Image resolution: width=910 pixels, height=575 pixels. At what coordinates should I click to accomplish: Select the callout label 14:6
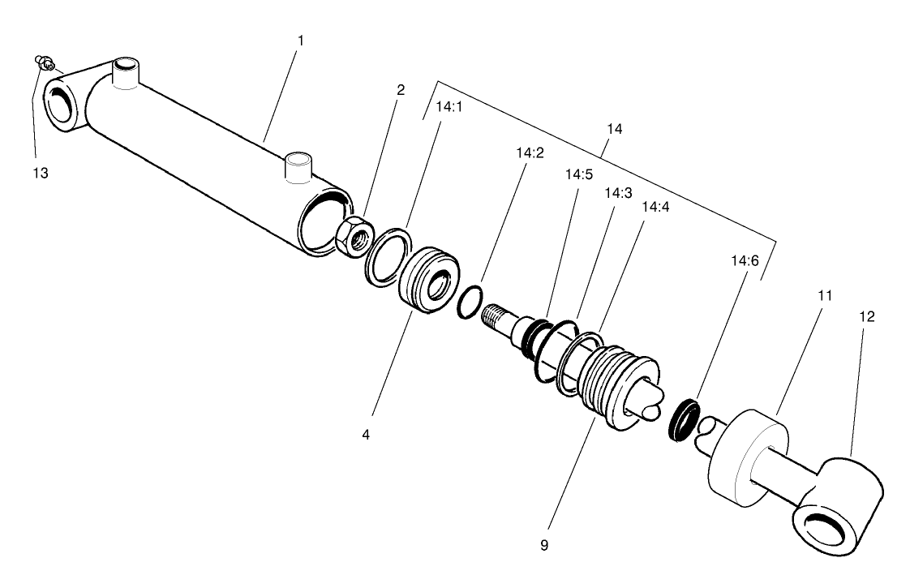tap(743, 260)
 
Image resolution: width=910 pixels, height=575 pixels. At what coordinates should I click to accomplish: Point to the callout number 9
tap(544, 545)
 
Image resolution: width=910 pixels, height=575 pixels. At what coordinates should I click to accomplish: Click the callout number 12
tap(866, 316)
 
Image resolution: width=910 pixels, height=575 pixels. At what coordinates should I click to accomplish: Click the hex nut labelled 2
tap(354, 236)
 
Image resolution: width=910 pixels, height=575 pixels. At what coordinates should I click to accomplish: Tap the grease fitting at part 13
tap(44, 60)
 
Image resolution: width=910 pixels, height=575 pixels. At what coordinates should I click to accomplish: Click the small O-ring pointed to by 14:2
tap(470, 303)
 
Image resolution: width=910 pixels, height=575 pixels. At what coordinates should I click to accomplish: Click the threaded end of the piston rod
tap(496, 316)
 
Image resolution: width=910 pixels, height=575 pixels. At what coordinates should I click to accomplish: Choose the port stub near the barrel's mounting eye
tap(125, 72)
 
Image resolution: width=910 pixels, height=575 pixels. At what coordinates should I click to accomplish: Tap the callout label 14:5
tap(579, 174)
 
